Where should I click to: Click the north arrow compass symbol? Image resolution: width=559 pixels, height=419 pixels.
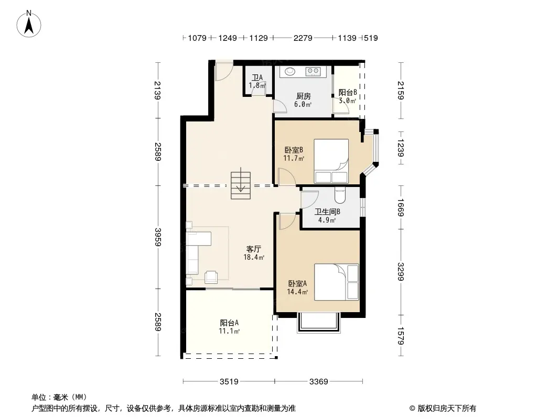tap(29, 24)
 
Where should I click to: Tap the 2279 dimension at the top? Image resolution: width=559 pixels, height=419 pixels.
tap(303, 38)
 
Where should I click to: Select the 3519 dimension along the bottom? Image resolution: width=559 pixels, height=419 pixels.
tap(229, 382)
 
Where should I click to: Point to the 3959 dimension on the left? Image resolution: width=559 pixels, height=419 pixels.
tap(158, 237)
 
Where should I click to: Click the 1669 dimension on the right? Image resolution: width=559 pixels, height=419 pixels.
tap(400, 207)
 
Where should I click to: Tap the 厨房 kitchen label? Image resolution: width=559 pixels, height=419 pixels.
tap(304, 96)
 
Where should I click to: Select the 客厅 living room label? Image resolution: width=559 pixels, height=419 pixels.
tap(253, 249)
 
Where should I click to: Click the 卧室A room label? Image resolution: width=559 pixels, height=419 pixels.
tap(297, 284)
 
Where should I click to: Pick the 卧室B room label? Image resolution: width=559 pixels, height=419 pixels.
tap(294, 150)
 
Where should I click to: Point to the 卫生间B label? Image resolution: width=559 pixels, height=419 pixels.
tap(327, 212)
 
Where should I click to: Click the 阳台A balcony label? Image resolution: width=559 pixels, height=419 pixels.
tap(229, 323)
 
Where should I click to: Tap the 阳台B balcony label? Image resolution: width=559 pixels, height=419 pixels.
tap(348, 93)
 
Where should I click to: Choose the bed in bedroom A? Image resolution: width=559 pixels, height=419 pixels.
tap(336, 282)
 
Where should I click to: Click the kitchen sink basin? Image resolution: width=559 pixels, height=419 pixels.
tap(289, 71)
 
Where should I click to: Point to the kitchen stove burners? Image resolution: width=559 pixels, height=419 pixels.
tap(313, 71)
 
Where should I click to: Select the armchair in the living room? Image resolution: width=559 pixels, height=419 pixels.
tap(211, 277)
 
